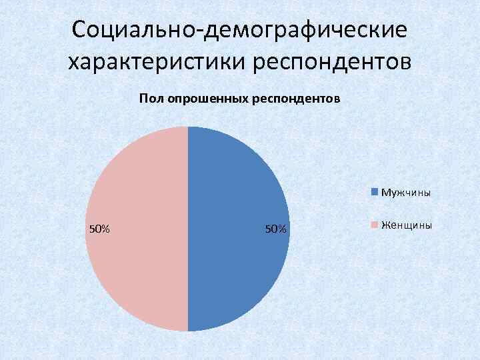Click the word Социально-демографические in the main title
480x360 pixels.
[239, 30]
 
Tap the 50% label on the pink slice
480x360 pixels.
[99, 229]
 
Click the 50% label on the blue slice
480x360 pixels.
[275, 229]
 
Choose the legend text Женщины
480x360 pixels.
[406, 225]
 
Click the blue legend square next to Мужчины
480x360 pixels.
[375, 192]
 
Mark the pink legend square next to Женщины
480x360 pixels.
[375, 225]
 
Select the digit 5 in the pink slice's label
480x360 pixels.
[92, 229]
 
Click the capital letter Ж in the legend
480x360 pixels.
[385, 225]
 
